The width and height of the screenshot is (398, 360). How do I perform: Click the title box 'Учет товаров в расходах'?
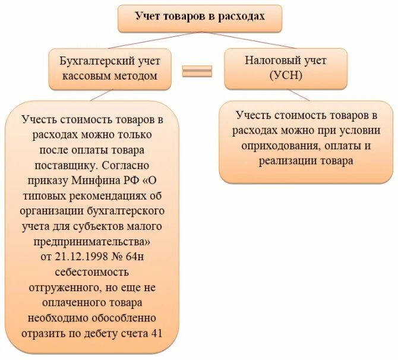199,17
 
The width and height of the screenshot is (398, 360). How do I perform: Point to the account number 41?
156,333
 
